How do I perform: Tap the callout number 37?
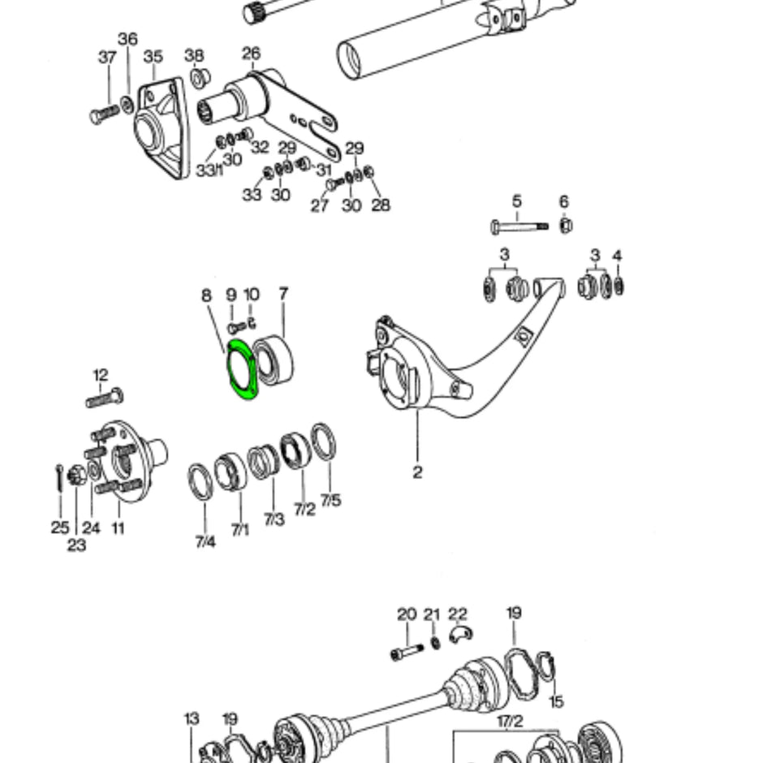(107, 57)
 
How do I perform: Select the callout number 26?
(251, 54)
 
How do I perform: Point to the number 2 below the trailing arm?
(417, 472)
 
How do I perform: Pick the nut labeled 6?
(566, 225)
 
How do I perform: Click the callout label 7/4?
(205, 541)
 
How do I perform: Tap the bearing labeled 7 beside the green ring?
(274, 360)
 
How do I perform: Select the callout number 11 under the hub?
(118, 528)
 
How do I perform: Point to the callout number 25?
(60, 528)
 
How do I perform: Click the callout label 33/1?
(209, 170)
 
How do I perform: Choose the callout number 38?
(193, 55)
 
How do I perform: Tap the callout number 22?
(458, 614)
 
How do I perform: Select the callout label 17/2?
(509, 721)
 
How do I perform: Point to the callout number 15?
(556, 700)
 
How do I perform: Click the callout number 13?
(192, 718)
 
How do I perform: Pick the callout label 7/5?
(330, 501)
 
